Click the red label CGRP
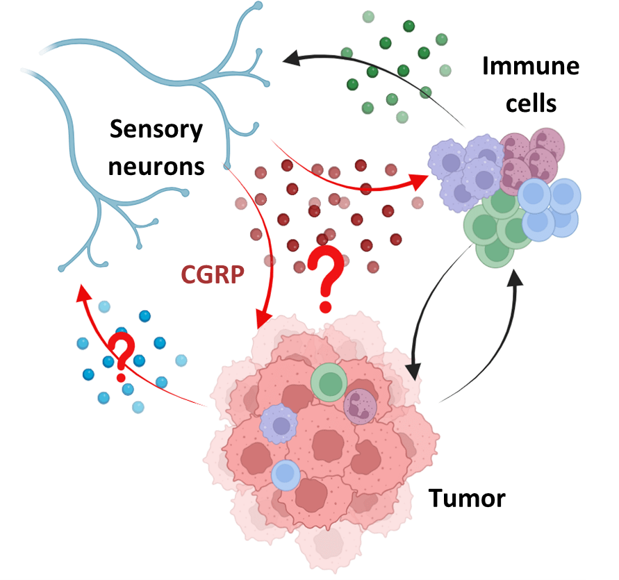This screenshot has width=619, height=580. pyautogui.click(x=213, y=275)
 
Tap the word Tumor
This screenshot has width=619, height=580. pyautogui.click(x=466, y=498)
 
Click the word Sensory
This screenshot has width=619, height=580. pyautogui.click(x=156, y=129)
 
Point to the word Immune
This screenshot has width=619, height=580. pyautogui.click(x=531, y=67)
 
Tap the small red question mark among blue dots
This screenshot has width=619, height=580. pyautogui.click(x=122, y=356)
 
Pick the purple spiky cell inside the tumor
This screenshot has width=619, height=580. pyautogui.click(x=279, y=423)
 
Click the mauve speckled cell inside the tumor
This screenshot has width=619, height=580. pyautogui.click(x=360, y=406)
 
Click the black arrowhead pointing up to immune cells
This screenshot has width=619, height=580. pyautogui.click(x=515, y=281)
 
